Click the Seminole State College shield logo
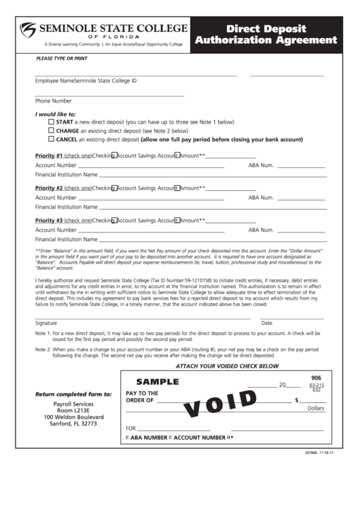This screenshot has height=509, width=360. point(29,30)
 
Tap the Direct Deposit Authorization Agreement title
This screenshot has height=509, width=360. point(266,35)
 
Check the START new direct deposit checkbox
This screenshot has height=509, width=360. point(52,122)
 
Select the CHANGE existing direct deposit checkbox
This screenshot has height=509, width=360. point(52,130)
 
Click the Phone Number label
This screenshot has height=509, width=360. point(54,101)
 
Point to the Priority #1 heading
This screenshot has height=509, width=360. point(49,156)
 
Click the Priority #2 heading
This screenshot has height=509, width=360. point(49,188)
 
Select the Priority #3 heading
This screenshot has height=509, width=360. point(49,221)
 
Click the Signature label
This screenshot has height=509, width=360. point(46,323)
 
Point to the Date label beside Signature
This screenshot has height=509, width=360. point(267,323)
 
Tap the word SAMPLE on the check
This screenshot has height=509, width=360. point(158,382)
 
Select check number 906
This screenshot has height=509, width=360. point(317,378)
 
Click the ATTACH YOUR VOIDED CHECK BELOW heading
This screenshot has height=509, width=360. point(228,366)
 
